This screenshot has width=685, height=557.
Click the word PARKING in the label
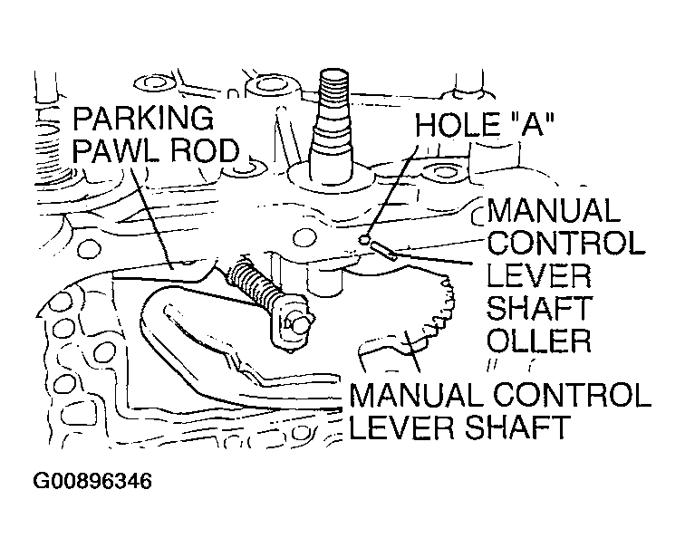coord(142,120)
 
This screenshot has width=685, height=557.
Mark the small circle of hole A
coord(364,240)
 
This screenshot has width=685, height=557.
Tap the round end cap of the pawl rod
coord(298,322)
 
